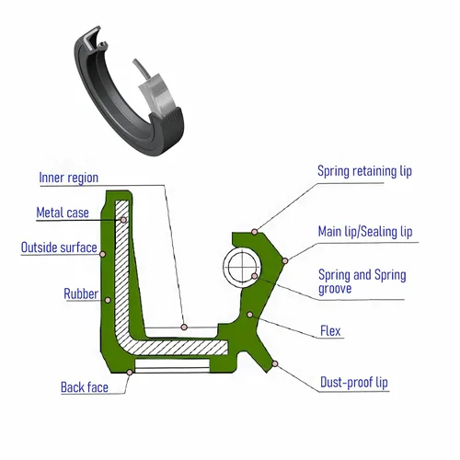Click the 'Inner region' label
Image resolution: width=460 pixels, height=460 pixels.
click(69, 178)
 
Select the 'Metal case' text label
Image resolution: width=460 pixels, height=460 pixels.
click(63, 213)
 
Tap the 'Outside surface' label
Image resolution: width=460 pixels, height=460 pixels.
click(59, 247)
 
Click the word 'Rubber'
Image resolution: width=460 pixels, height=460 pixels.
click(81, 293)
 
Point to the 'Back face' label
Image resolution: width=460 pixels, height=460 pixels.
click(85, 387)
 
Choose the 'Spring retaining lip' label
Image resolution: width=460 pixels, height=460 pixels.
click(364, 171)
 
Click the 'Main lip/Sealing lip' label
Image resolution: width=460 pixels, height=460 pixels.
click(365, 232)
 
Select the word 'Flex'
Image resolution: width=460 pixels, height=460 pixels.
click(330, 331)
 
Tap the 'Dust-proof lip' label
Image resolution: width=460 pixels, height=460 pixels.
click(354, 383)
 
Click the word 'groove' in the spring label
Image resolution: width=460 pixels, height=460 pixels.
click(335, 289)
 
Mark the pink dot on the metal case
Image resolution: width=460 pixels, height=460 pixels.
click(123, 220)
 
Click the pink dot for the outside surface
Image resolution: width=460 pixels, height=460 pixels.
click(103, 254)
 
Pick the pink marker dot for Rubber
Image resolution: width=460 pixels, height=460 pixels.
click(108, 300)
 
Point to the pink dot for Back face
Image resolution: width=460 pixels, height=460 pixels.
click(130, 372)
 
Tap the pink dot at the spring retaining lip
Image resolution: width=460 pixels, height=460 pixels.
click(254, 232)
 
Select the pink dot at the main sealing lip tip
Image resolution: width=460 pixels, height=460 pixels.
click(285, 261)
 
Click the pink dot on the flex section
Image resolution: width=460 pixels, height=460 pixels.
click(250, 315)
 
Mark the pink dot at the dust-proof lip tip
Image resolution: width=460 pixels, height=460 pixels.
click(275, 363)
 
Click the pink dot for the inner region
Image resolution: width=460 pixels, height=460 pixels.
click(184, 327)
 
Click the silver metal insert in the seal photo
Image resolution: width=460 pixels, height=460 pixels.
click(158, 95)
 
